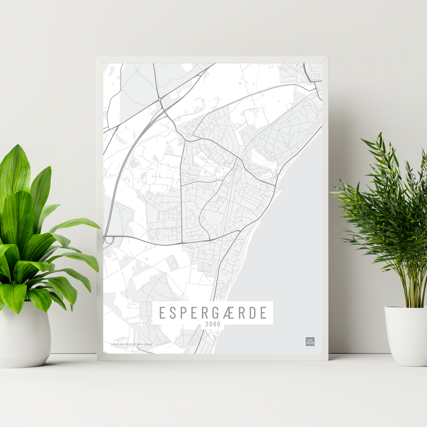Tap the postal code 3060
coord(213,324)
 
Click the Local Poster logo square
coord(310,341)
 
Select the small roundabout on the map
coord(159,99)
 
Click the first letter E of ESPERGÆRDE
coord(162,313)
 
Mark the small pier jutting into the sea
coord(283,188)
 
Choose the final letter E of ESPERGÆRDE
coord(263,313)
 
